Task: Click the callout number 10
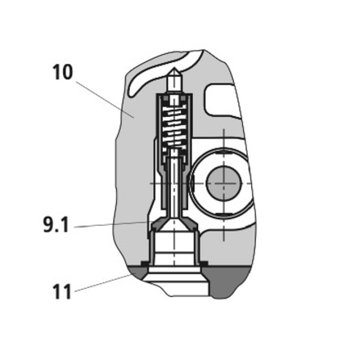coord(63,72)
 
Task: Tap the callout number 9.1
coord(56,225)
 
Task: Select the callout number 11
coord(62,292)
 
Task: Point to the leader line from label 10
coord(104,99)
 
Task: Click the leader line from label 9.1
coord(112,224)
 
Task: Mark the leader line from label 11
coord(103,283)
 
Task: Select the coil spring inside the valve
coord(174,125)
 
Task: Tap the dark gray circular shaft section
coord(224,182)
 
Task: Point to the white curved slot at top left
coord(158,74)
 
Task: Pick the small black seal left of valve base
coord(144,263)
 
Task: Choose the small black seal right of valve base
coord(204,263)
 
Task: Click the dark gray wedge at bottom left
coord(137,272)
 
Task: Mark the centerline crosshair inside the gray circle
coord(224,182)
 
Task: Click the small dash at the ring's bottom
coord(224,215)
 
